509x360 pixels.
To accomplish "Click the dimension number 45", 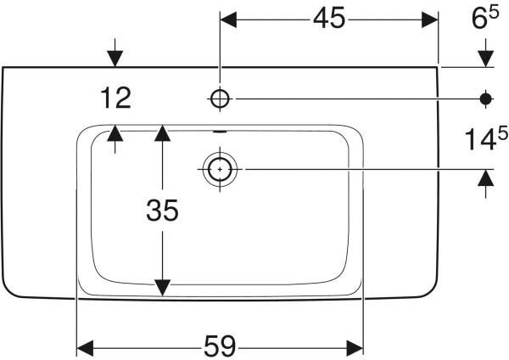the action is click(328, 19).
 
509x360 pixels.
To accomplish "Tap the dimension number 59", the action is click(220, 346).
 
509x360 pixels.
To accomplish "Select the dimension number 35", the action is click(162, 211).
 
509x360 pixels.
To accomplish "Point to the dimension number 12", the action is click(115, 98).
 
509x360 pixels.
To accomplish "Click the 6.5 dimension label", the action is click(485, 18).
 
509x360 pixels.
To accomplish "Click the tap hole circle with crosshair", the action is click(220, 98).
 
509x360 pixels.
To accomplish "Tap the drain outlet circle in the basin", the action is click(220, 169).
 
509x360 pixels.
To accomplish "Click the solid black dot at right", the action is click(485, 98).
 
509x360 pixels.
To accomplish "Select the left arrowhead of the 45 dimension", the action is click(228, 20).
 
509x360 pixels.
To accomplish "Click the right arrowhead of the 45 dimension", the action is click(430, 20).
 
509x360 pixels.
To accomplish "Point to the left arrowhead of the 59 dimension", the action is click(85, 348).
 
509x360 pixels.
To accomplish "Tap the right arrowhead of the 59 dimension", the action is click(355, 348).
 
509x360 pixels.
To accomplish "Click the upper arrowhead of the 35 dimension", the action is click(163, 133).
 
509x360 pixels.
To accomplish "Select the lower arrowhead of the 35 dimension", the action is click(163, 288).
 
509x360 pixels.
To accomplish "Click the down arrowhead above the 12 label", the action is click(115, 59).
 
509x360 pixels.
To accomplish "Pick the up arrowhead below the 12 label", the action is click(115, 133).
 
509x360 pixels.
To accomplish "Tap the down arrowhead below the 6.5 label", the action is click(485, 59).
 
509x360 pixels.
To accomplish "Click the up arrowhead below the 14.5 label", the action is click(485, 178).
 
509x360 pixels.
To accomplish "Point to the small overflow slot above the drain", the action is click(220, 132).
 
